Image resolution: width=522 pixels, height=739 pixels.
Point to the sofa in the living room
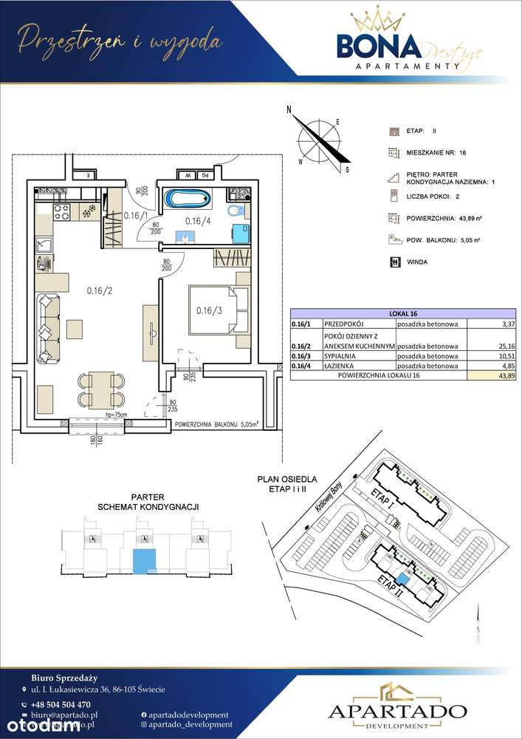point(49,327)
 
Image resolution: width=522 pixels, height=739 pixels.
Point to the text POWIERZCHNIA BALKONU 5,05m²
point(219,425)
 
